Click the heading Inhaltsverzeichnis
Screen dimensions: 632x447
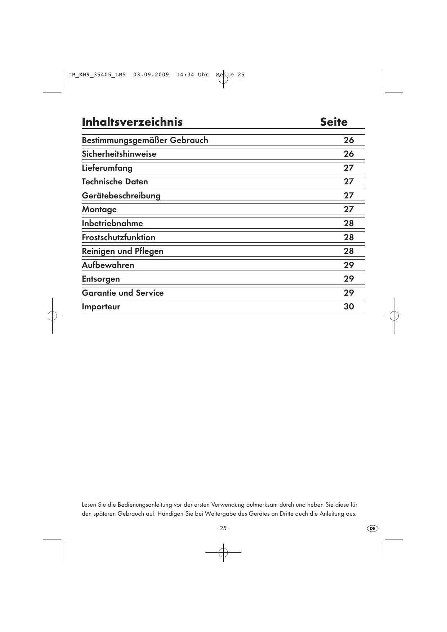click(x=132, y=122)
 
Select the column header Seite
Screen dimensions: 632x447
click(x=334, y=122)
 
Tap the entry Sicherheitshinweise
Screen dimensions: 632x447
click(x=119, y=154)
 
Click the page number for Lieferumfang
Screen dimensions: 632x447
click(x=349, y=168)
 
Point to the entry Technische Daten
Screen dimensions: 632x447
click(x=115, y=182)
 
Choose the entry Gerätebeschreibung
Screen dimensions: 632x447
click(x=121, y=196)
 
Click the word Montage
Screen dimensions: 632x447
click(x=99, y=210)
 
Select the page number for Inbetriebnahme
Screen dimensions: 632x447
click(x=349, y=223)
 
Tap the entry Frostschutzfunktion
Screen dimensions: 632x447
click(x=119, y=237)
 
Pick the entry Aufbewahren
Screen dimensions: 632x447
click(x=108, y=265)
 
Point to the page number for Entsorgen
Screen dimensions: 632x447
click(x=349, y=279)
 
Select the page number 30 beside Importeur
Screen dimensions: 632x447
click(x=349, y=306)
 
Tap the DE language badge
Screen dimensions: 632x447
click(x=372, y=528)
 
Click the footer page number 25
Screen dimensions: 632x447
click(x=223, y=528)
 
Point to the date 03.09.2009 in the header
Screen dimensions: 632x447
click(x=151, y=75)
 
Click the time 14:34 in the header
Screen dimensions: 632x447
click(x=185, y=75)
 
